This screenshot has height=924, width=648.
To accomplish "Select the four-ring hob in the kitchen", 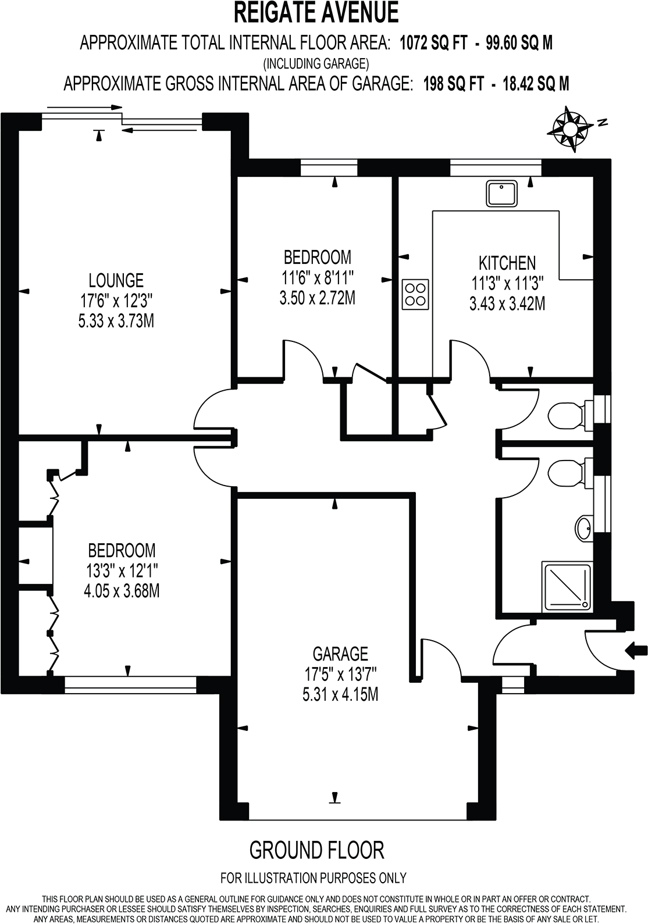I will [x=415, y=294].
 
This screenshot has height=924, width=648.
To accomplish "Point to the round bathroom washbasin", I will [x=583, y=529].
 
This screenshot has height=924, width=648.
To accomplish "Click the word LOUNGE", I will [x=116, y=280].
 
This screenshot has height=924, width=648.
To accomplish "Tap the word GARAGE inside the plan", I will [x=340, y=654].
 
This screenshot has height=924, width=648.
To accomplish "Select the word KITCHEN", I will [x=507, y=263].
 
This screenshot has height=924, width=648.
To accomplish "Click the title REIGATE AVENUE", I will [x=316, y=13].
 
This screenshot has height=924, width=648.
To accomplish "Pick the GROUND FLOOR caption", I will [x=316, y=850].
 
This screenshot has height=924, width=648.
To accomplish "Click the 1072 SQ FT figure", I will [x=433, y=43].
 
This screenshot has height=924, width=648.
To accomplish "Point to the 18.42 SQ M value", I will [x=536, y=84].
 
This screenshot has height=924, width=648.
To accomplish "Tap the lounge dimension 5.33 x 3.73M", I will [x=116, y=320].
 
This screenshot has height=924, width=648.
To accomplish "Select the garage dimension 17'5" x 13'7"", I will [x=340, y=674].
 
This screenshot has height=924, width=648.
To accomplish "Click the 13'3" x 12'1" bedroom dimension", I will [x=122, y=570].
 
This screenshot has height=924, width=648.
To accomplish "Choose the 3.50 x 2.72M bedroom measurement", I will [x=317, y=298].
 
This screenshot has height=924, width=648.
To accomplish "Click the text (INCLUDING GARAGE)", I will [x=316, y=63].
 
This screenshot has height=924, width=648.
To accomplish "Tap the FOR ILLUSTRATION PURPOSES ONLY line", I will [x=313, y=878].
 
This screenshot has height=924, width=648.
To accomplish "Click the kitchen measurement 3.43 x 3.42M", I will [x=507, y=304].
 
